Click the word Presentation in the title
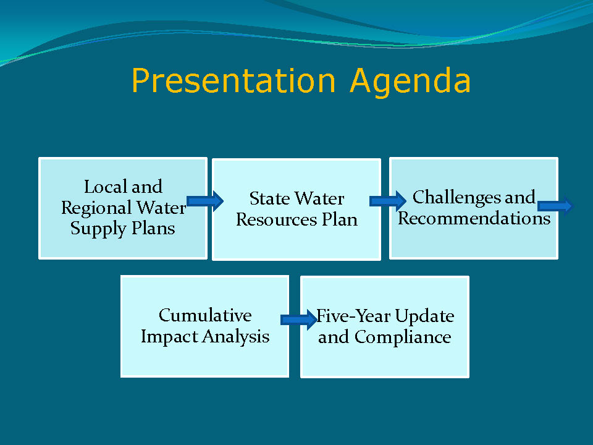[x=233, y=80]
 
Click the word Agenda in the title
[x=410, y=82]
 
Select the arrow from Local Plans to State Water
[x=205, y=201]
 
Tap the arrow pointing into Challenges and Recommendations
[x=388, y=201]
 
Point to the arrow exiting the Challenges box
[x=555, y=206]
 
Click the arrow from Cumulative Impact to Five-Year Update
[x=299, y=320]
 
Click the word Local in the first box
[x=106, y=187]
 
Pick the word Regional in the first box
[x=96, y=209]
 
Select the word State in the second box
[x=270, y=198]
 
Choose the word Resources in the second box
[x=277, y=220]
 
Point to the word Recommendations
[x=474, y=218]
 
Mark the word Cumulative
[x=205, y=315]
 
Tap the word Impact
[x=169, y=337]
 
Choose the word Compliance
[x=403, y=337]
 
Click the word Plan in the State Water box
[x=340, y=220]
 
